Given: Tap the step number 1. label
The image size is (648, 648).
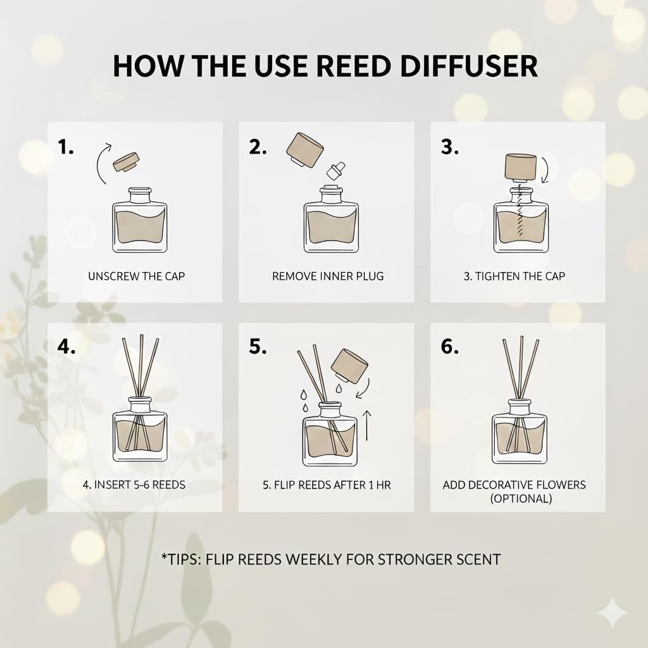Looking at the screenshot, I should [66, 147].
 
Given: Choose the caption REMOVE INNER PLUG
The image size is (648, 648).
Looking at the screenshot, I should [327, 276].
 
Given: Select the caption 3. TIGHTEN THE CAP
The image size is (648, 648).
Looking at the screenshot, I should [518, 276].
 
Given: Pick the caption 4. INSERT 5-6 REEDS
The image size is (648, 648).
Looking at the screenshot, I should [134, 486].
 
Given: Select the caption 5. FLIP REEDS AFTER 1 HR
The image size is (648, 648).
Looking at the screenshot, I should [326, 486].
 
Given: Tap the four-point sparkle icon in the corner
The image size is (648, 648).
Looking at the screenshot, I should [612, 613].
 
